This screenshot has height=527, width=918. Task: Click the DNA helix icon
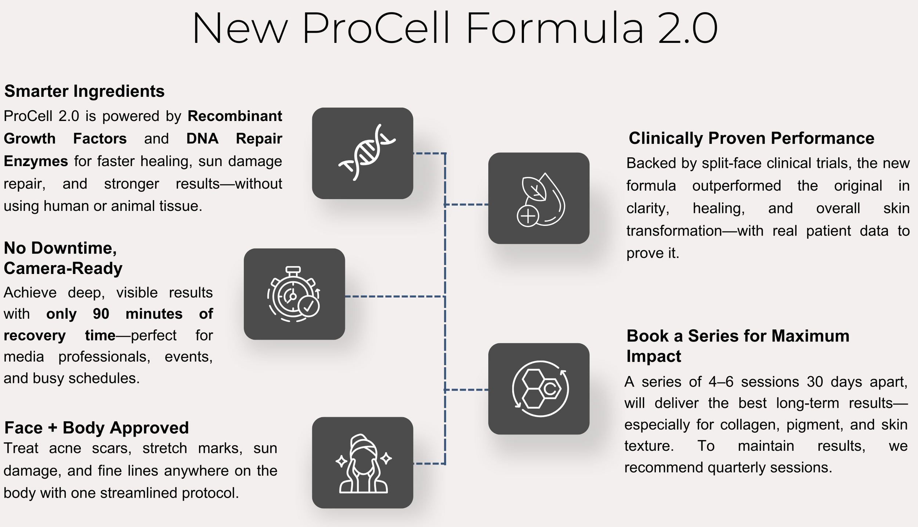click(366, 152)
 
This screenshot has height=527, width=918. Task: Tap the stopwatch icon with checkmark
click(294, 294)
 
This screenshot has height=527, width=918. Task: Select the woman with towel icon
click(363, 464)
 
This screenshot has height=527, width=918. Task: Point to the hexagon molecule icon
click(540, 389)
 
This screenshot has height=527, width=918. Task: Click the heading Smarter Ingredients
click(84, 91)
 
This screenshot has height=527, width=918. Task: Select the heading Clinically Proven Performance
click(751, 138)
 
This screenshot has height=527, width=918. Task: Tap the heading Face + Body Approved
click(97, 428)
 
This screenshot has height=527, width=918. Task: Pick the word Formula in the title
click(554, 29)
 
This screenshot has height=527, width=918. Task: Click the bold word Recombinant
click(235, 116)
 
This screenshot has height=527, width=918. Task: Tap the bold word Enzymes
click(36, 161)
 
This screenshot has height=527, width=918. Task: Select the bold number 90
click(101, 314)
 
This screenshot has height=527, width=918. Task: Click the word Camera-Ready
click(63, 268)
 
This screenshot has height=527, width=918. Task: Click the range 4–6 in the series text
click(721, 382)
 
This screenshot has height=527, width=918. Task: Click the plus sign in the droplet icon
click(528, 216)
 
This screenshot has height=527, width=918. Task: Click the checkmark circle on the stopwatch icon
click(309, 306)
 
